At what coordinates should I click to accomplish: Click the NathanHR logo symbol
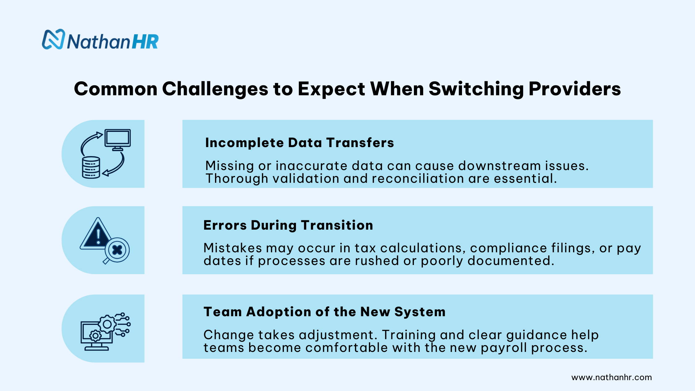pos(53,39)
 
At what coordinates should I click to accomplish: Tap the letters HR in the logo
pos(145,42)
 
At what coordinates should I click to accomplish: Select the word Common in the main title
pos(116,89)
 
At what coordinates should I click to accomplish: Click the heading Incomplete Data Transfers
pos(299,143)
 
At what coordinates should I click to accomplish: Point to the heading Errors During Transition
pos(288,225)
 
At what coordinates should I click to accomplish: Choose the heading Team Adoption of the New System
pos(324,312)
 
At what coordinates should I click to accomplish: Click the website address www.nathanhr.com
pos(611,377)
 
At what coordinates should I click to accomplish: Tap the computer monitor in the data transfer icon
pos(117,138)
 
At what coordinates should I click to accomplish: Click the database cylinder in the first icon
pos(91,168)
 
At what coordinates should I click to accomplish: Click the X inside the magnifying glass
pos(117,250)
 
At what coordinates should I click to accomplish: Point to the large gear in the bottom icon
pos(107,325)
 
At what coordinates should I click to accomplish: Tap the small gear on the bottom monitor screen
pos(95,336)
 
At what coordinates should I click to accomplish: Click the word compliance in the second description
pos(509,248)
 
